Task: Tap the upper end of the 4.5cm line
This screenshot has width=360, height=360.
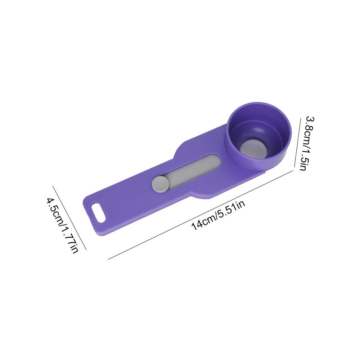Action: point(53,186)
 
